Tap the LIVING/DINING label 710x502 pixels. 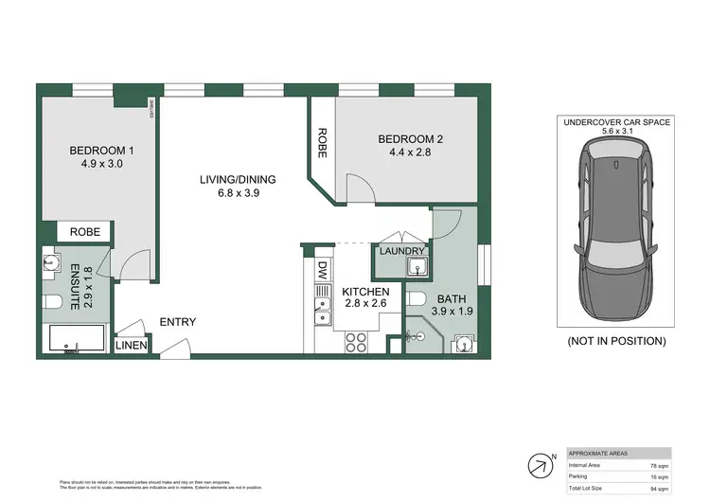[x=236, y=178]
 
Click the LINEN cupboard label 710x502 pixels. [x=132, y=346]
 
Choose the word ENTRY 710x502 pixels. [x=177, y=322]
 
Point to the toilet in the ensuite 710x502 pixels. [x=54, y=302]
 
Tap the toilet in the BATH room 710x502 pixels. [x=414, y=300]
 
